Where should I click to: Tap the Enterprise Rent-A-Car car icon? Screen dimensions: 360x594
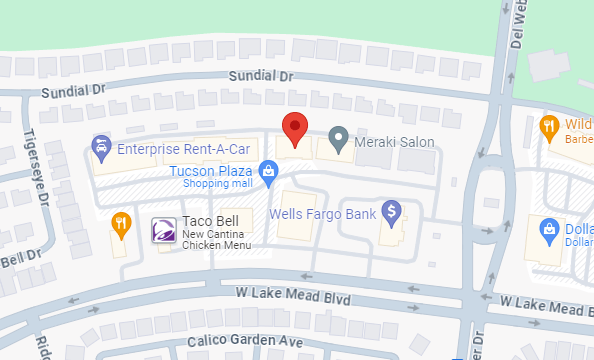coord(101,149)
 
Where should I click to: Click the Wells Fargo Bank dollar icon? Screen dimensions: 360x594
coord(391,212)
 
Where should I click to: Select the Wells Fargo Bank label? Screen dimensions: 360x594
coord(323,214)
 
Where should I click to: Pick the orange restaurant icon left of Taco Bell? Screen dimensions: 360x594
coord(121,222)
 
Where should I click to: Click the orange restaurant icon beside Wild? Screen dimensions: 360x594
coord(548,126)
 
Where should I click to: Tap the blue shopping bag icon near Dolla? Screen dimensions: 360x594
coord(549,230)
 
